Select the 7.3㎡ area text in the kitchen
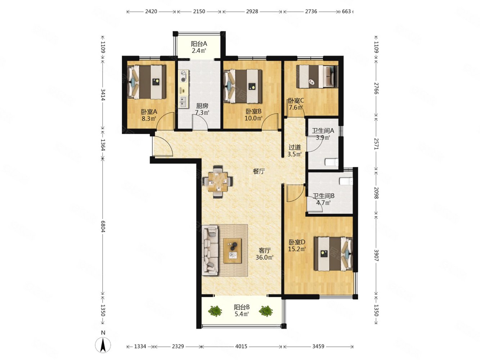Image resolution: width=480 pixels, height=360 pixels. [202, 113]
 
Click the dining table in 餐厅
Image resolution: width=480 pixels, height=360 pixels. [217, 182]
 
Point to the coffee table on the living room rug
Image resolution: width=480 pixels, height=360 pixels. [232, 251]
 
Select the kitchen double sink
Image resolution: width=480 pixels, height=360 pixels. [184, 102]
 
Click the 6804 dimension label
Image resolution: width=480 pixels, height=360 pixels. [103, 226]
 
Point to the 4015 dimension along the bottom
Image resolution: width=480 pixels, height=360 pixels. [241, 346]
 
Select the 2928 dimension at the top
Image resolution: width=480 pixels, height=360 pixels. [252, 12]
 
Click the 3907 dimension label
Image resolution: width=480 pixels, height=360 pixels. [376, 255]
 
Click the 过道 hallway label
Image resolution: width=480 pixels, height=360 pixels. [295, 147]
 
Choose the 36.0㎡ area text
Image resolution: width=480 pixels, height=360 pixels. [265, 257]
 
